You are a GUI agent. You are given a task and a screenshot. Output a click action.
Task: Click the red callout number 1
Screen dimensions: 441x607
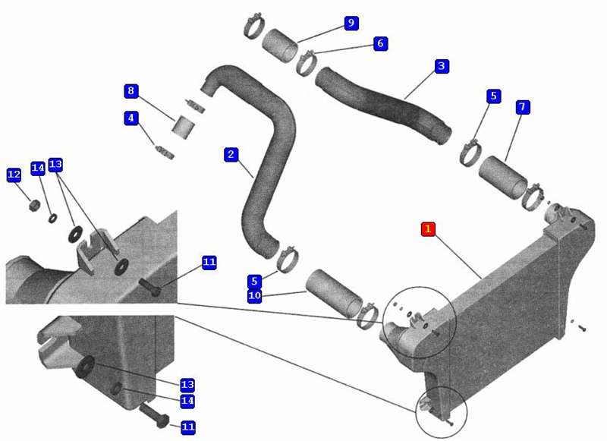tap(428, 228)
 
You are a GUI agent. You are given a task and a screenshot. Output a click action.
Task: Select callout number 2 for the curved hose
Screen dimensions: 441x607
tap(231, 154)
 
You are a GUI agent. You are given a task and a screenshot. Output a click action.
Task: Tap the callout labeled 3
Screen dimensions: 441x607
tap(442, 66)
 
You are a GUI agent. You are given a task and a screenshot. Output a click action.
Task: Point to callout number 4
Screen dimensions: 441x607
tap(131, 118)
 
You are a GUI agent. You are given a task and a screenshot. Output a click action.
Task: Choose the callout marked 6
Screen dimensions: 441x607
tap(380, 43)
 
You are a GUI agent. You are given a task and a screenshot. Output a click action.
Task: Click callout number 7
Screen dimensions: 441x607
tap(522, 107)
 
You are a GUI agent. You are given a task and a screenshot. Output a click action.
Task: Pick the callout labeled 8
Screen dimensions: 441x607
tap(131, 91)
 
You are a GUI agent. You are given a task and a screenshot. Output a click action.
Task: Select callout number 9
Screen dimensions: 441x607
tap(351, 23)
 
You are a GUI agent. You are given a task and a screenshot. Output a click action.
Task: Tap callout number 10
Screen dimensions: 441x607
tap(254, 295)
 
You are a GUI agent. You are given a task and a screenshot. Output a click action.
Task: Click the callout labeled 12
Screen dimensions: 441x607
tap(14, 175)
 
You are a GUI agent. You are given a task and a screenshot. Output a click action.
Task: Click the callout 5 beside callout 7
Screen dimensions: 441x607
tap(494, 96)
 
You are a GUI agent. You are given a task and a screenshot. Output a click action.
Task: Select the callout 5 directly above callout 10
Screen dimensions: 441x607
tap(254, 281)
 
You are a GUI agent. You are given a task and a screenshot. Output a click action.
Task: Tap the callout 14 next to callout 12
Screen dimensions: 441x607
tap(37, 168)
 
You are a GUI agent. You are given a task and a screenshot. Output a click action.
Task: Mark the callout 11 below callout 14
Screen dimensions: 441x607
tap(188, 427)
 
